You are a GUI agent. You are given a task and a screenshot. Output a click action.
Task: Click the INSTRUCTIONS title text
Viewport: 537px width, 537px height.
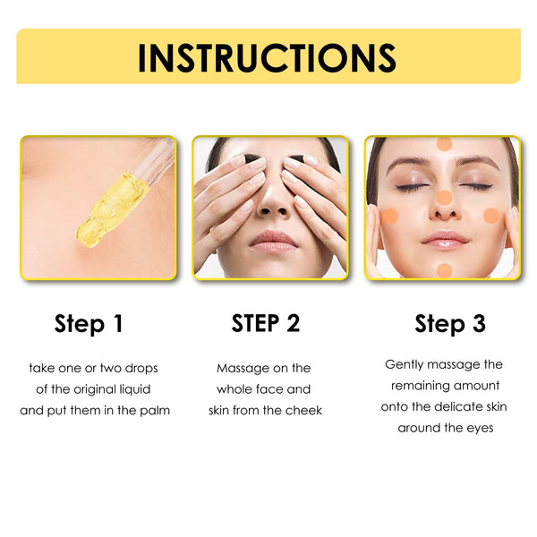267,57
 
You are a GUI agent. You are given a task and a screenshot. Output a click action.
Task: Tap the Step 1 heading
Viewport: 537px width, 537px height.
89,324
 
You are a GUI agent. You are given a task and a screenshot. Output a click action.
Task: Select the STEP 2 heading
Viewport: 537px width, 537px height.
266,323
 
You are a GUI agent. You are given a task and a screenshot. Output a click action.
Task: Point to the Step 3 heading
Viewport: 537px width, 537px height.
449,324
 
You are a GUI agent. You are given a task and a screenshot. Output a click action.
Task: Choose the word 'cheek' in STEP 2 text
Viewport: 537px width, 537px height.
304,410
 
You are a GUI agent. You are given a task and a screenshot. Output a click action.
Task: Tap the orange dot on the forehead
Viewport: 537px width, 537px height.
444,144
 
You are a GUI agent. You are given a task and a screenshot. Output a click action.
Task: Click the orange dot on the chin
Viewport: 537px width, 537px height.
444,269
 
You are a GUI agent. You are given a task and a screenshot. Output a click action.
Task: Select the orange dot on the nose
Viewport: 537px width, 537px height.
444,198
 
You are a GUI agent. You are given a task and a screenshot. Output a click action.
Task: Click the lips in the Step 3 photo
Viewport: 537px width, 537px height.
445,239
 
